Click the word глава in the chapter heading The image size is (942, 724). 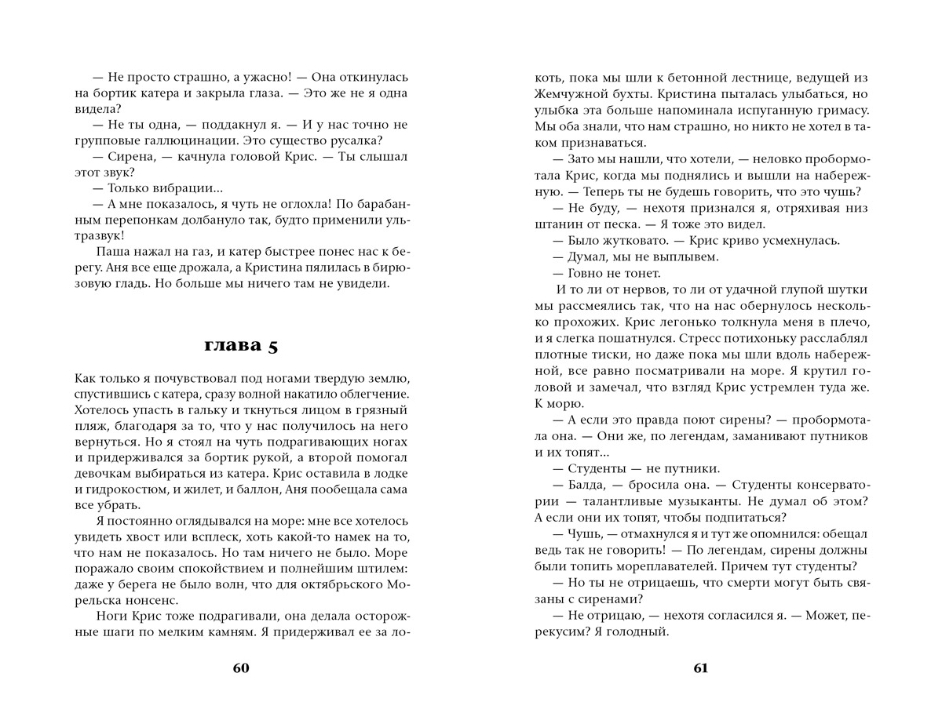click(229, 345)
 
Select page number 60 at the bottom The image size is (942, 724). click(241, 668)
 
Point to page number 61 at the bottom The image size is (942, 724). click(700, 668)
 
